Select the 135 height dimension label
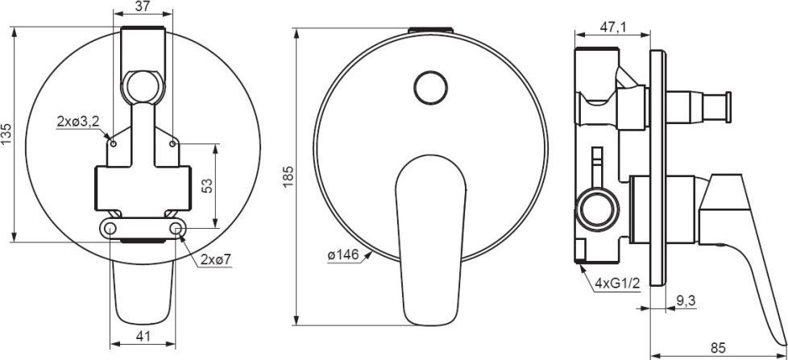coord(7,134)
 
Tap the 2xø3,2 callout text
coord(77,122)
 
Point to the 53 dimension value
coord(208,185)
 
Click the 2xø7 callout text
coord(216,259)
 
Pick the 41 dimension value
coord(143,337)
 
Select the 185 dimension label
coord(288,176)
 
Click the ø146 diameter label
coord(343,255)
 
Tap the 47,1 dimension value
coord(612,27)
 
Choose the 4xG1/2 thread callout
coord(616,283)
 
